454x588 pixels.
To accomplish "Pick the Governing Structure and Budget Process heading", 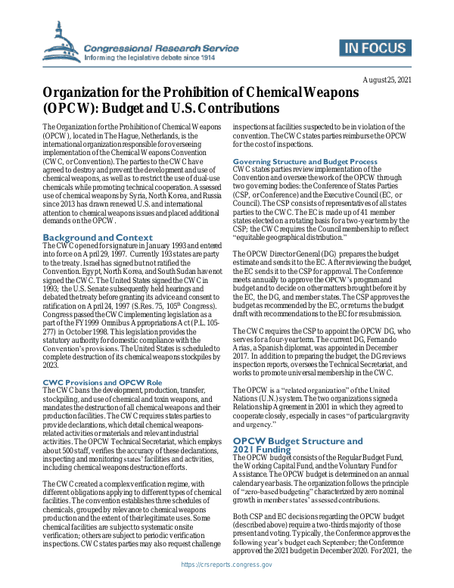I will [305, 162].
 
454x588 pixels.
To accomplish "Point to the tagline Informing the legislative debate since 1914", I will [149, 57].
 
